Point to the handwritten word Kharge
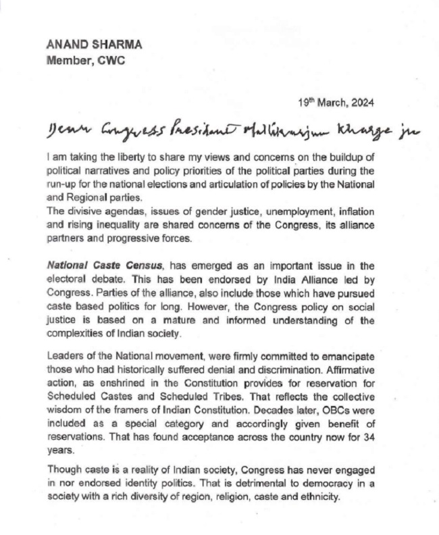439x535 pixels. pyautogui.click(x=367, y=130)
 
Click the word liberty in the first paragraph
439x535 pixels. pyautogui.click(x=115, y=157)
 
